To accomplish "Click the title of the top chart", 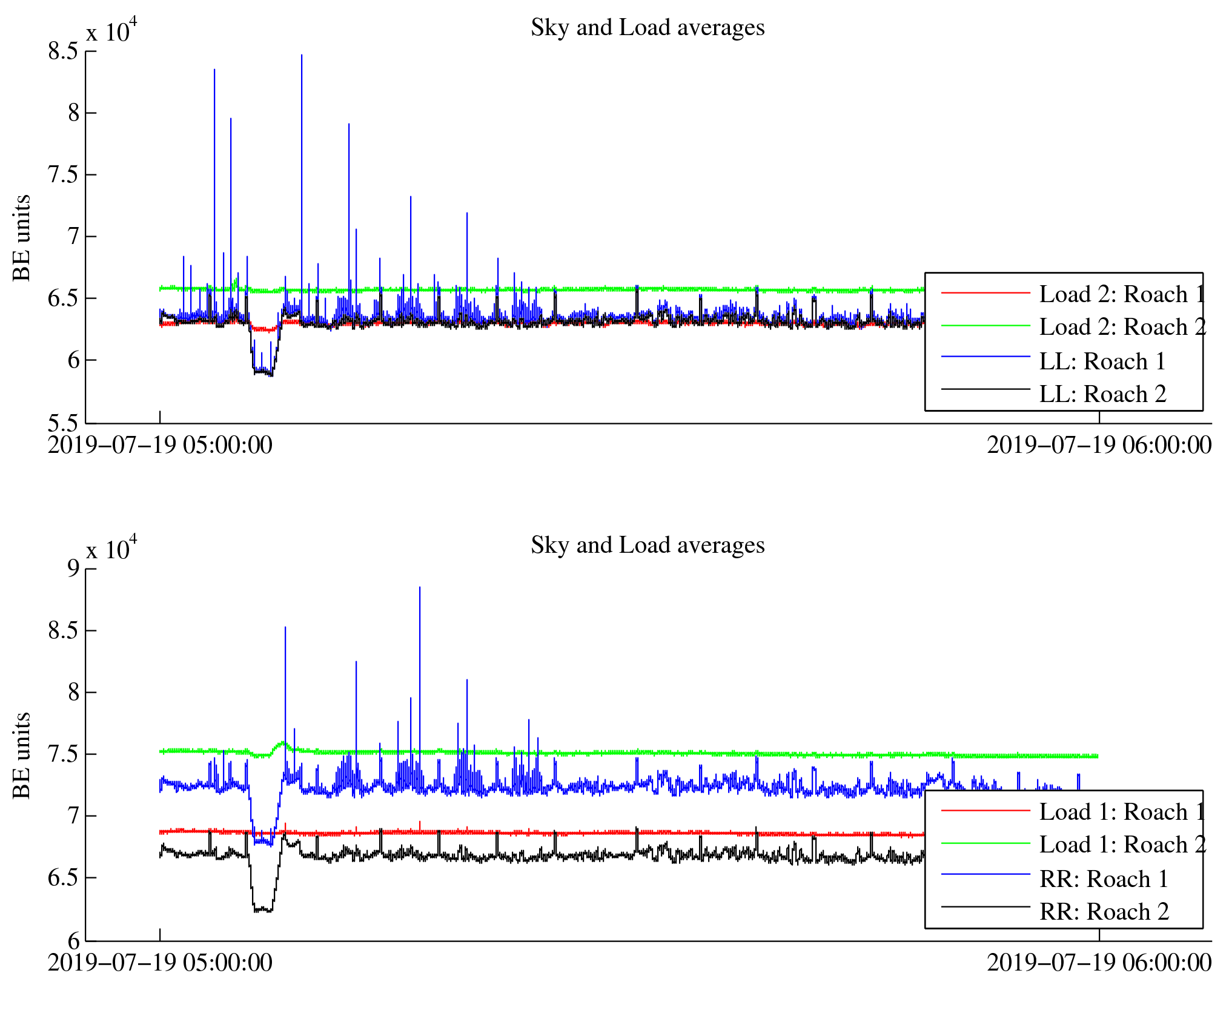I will tap(647, 28).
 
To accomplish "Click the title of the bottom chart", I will tap(647, 546).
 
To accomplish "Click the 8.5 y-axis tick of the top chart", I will tap(64, 51).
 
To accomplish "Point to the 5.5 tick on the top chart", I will tap(64, 423).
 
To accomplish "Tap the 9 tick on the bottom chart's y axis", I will tap(73, 568).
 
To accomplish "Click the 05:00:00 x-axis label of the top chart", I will tap(160, 446).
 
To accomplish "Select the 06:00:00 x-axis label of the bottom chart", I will tap(1099, 963).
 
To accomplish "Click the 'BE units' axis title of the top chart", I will tap(22, 238).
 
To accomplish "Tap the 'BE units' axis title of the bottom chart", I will tap(22, 756).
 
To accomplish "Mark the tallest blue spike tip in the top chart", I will tap(302, 55).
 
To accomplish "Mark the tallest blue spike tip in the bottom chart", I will tap(420, 587).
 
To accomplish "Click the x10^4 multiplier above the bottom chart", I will tap(111, 549).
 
